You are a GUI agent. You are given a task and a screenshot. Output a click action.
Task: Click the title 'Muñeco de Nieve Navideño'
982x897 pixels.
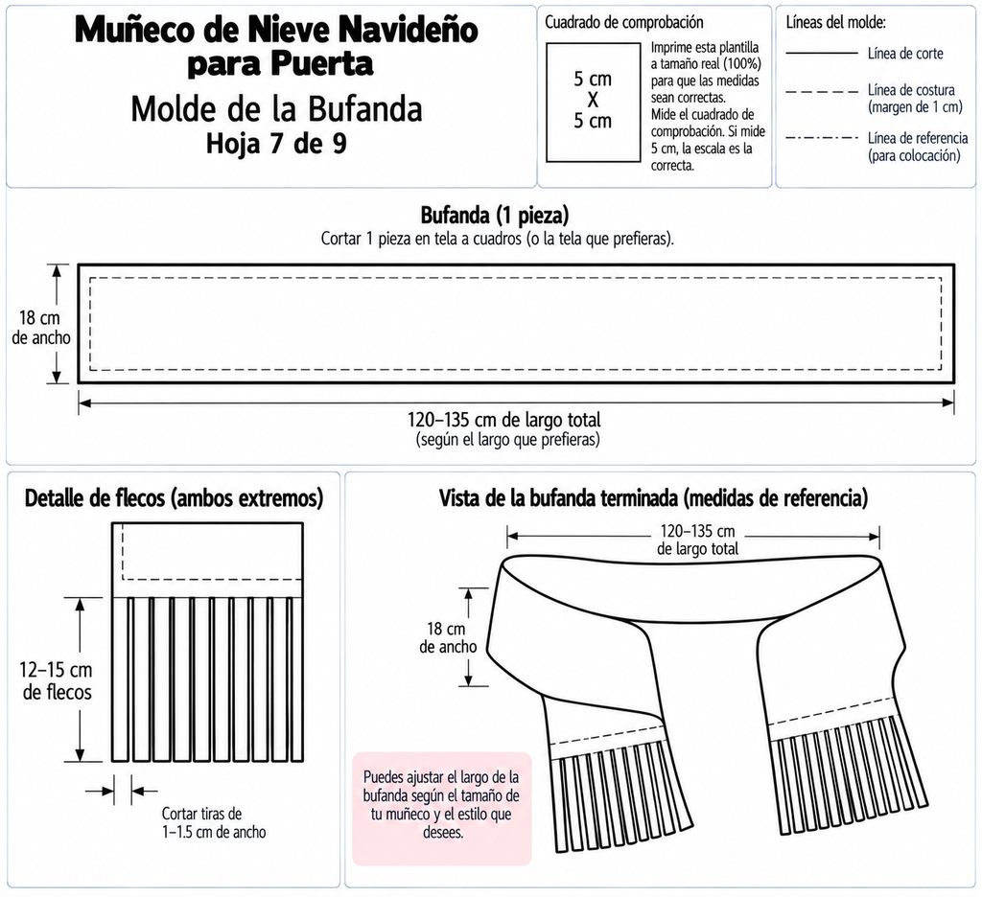coord(276,30)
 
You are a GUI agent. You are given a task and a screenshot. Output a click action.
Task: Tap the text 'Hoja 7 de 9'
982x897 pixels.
coord(276,144)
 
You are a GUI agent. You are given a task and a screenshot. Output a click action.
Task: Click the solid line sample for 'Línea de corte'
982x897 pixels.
coord(821,54)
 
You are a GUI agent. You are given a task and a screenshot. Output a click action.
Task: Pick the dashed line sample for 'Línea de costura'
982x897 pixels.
coord(821,92)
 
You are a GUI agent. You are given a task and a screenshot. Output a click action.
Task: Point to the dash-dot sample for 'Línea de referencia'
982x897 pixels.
coord(821,138)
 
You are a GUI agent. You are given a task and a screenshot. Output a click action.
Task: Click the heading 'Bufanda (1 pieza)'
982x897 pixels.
coord(495,216)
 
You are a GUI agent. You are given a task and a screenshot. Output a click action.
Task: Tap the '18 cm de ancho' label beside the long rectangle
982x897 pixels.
coord(40,328)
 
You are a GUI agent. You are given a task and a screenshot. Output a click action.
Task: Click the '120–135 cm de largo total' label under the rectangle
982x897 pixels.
coord(504,420)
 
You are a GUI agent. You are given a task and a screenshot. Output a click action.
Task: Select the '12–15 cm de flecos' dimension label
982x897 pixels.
coord(57,681)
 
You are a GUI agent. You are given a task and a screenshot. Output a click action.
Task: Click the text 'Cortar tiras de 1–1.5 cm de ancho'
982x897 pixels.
coord(214,822)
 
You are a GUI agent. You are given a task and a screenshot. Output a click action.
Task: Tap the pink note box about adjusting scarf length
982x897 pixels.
coord(442,808)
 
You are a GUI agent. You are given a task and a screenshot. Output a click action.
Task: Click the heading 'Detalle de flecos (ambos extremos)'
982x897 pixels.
coord(175,498)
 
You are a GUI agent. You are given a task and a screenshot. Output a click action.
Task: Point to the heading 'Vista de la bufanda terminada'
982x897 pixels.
coord(559,498)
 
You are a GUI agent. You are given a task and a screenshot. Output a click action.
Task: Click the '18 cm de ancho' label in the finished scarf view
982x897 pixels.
coord(448,637)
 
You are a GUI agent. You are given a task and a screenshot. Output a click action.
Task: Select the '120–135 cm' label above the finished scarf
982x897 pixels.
coord(697,532)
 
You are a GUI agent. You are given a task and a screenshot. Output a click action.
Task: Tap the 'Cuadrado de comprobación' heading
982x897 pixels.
coord(623,23)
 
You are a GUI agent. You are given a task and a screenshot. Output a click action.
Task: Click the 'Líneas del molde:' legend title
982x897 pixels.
coord(835,23)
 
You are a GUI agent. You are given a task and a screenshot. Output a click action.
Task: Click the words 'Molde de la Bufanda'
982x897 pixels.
coord(276,109)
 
